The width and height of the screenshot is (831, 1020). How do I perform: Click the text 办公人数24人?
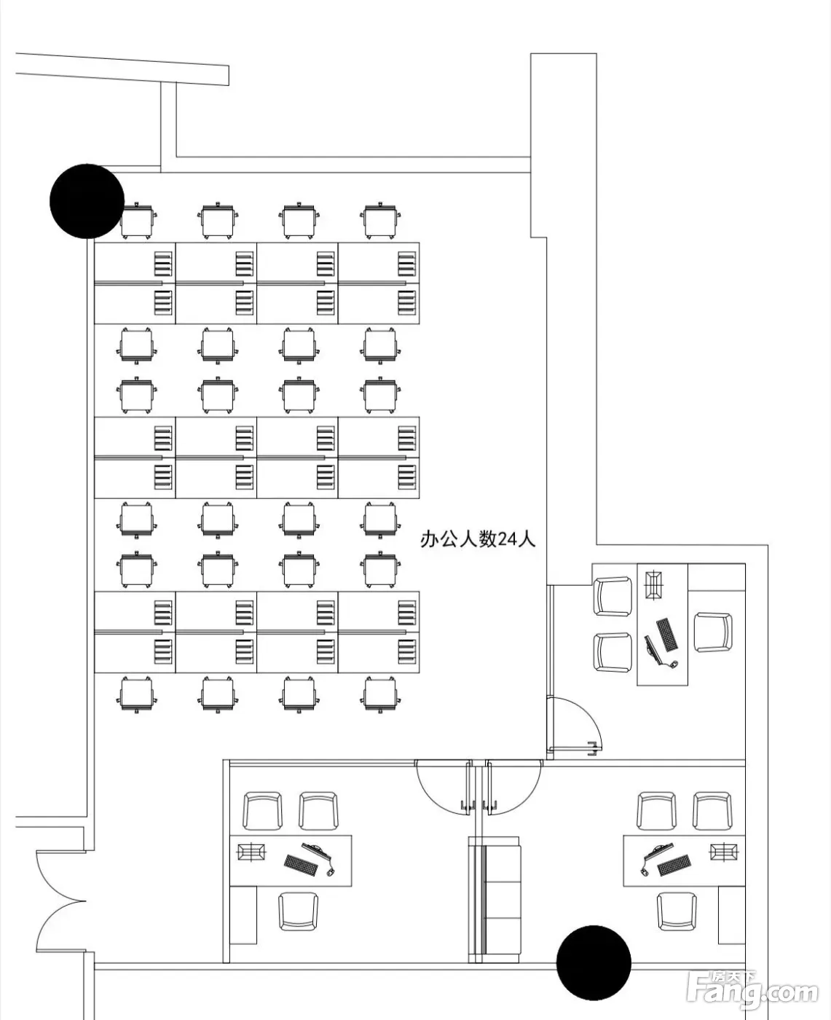pyautogui.click(x=478, y=539)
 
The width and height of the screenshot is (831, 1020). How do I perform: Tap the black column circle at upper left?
pyautogui.click(x=87, y=201)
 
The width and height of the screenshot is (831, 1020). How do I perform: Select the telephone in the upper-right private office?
pyautogui.click(x=654, y=585)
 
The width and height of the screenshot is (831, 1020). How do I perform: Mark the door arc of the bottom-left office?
pyautogui.click(x=443, y=786)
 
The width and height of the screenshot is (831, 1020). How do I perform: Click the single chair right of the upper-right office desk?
pyautogui.click(x=713, y=632)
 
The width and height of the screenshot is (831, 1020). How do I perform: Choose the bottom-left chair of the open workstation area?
pyautogui.click(x=136, y=694)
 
